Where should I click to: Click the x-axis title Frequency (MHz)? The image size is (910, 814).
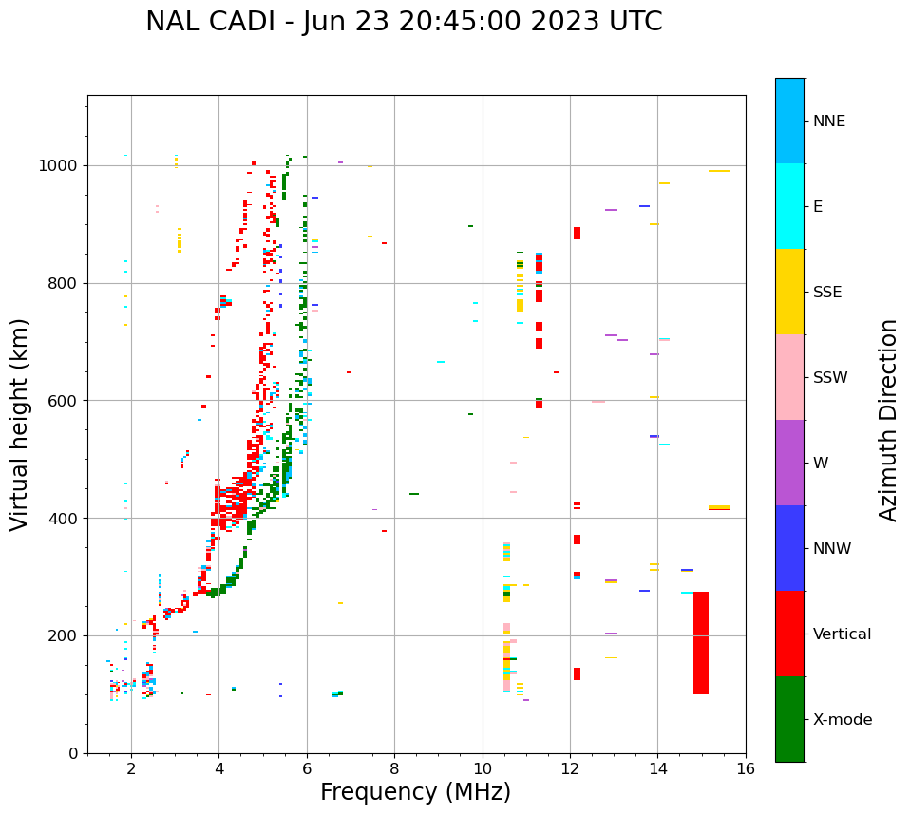pos(415,792)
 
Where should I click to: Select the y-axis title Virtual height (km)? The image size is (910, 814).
pos(20,425)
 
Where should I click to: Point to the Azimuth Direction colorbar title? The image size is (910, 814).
pos(888,420)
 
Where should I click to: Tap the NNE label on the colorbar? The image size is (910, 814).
pos(828,122)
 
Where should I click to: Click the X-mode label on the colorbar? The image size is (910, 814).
pos(843,720)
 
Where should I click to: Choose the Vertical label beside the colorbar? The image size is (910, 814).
pos(842,634)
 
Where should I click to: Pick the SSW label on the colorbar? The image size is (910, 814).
pos(830,378)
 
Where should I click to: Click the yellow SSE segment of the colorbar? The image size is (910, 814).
pos(789,292)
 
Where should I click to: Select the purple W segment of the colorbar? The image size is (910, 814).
pos(789,463)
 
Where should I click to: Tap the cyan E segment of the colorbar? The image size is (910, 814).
pos(789,206)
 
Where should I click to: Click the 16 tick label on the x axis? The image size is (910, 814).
pos(746,768)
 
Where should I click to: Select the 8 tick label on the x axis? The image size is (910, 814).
pos(394,768)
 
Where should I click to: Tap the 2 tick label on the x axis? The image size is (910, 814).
pos(131,768)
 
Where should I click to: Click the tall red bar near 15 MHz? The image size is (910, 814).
pos(701,643)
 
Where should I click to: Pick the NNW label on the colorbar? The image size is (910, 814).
pos(832,549)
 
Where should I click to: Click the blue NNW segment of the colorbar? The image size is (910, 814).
pos(789,548)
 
